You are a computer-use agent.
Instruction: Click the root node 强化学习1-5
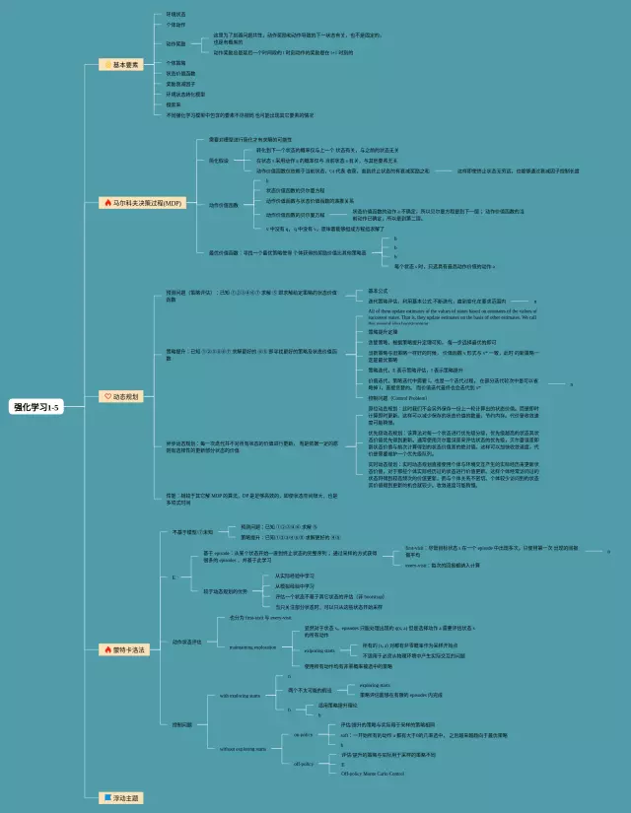(x=36, y=406)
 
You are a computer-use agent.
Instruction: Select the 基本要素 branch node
(x=126, y=64)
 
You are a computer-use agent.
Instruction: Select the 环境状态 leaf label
(x=177, y=14)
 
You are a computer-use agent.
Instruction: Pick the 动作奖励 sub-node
(x=176, y=43)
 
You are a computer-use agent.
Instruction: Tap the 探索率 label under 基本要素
(x=175, y=103)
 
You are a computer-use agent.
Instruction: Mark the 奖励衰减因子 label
(x=181, y=84)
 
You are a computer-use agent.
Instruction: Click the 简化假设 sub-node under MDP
(x=218, y=160)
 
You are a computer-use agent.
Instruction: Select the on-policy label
(x=303, y=734)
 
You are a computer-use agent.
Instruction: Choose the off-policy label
(x=303, y=764)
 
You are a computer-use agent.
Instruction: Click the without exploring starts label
(x=243, y=749)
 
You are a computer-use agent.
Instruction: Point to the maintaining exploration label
(x=255, y=647)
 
